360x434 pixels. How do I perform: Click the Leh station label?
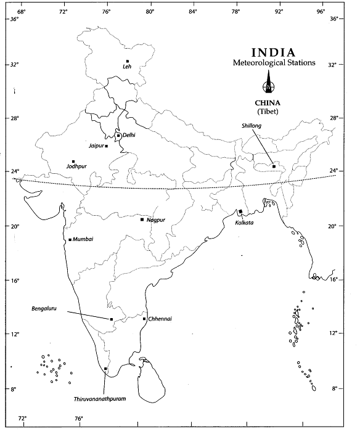[x=128, y=67]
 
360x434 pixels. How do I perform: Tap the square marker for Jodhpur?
[x=73, y=162]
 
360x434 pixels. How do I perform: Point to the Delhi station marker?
[x=118, y=136]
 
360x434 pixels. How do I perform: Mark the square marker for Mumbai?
[x=70, y=240]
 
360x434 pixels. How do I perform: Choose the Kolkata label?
[x=245, y=223]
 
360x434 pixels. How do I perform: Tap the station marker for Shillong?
[x=274, y=166]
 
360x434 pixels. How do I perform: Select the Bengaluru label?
[x=44, y=309]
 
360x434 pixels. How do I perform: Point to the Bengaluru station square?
[x=112, y=319]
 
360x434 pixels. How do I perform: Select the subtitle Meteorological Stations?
[x=274, y=63]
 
